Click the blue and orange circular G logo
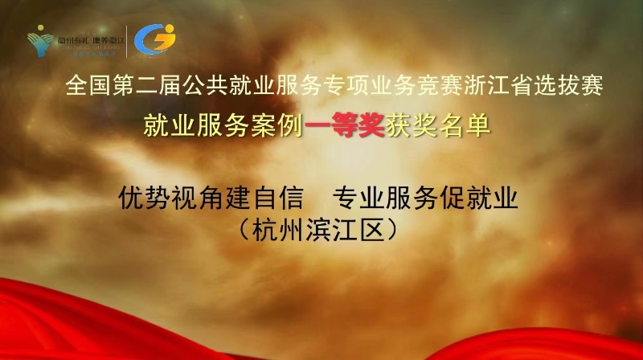tap(154, 39)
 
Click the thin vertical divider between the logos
tap(127, 40)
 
